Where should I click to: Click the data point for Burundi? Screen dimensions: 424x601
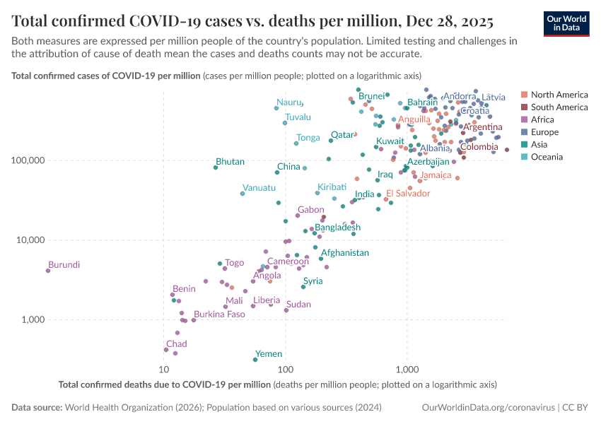[48, 271]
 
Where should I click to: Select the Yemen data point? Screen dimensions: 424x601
[255, 360]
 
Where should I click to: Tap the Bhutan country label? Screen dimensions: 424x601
[230, 162]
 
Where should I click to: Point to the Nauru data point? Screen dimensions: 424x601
[276, 108]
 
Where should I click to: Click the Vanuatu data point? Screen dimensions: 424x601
[243, 194]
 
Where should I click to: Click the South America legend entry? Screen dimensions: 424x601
[559, 107]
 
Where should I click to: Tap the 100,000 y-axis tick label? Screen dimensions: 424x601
[28, 160]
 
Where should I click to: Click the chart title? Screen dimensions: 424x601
[252, 19]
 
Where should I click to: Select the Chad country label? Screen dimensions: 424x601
[176, 344]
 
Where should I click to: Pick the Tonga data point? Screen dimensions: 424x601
[296, 143]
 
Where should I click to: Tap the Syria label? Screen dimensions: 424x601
[313, 281]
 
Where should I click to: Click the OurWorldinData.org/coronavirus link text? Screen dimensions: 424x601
[489, 408]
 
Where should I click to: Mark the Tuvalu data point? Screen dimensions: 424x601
[285, 123]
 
